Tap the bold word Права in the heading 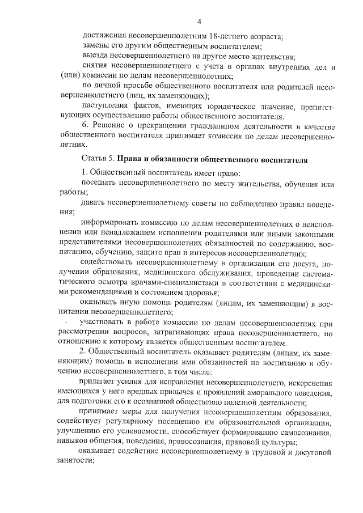131,160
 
